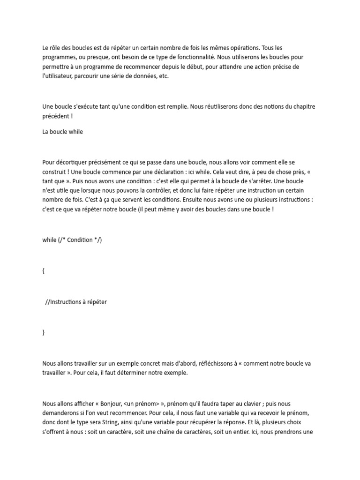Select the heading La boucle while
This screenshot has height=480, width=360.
pos(62,132)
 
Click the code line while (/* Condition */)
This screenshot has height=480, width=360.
pos(72,240)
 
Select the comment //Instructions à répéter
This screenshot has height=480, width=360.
pos(76,302)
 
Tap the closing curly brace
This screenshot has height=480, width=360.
pos(44,332)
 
